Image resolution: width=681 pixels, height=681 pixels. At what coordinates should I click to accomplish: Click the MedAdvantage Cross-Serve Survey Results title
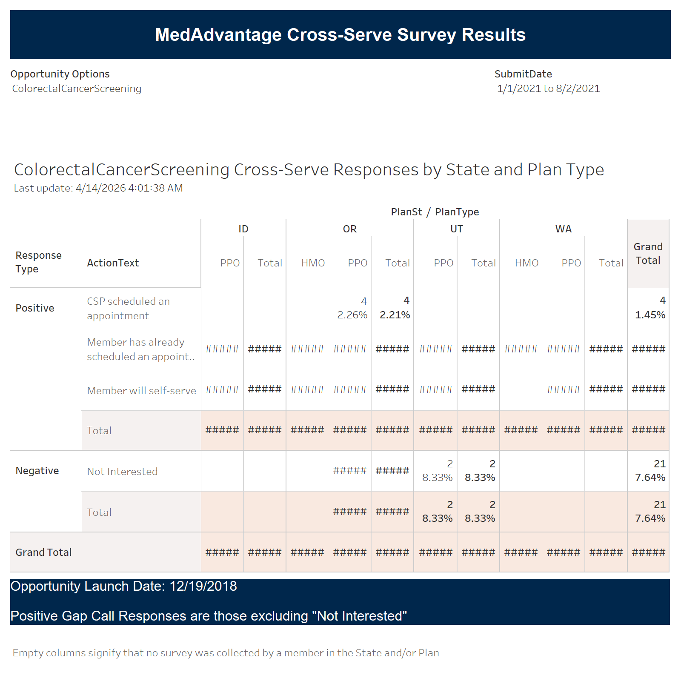point(340,35)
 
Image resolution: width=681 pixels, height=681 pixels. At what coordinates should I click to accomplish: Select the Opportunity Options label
point(60,74)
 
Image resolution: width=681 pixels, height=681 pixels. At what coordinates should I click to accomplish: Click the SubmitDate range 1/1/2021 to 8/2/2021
point(548,89)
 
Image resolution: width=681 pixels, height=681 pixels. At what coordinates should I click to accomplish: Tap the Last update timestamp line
point(98,188)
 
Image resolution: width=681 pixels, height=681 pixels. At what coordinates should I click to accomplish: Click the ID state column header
point(243,229)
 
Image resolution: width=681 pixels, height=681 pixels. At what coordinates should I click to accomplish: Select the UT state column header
point(456,229)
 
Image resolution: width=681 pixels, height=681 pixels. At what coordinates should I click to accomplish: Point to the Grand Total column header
point(648,254)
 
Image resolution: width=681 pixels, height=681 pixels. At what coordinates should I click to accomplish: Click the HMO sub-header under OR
point(313,263)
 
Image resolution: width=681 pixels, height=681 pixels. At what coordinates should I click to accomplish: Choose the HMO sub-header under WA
point(526,263)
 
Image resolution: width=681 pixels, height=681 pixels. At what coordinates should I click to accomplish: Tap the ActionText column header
point(113,263)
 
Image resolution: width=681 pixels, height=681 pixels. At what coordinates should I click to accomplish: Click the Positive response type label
point(35,308)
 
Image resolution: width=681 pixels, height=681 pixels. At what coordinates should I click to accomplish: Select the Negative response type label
point(37,471)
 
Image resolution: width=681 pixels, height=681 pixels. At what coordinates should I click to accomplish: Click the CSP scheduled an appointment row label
point(128,309)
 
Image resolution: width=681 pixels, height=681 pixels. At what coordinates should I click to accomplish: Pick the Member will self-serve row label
point(141,391)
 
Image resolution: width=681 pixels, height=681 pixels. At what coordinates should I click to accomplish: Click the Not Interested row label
point(122,472)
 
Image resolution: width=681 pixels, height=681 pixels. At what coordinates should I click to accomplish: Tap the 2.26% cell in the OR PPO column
point(352,315)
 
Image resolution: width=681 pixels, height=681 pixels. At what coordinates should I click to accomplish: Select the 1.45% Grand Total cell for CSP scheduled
point(650,315)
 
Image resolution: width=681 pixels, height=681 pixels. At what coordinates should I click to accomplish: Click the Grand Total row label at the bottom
point(43,552)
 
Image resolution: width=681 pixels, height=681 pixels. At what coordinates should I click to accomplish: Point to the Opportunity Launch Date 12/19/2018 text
point(123,587)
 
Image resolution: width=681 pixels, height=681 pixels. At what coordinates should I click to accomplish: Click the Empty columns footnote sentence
point(226,653)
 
